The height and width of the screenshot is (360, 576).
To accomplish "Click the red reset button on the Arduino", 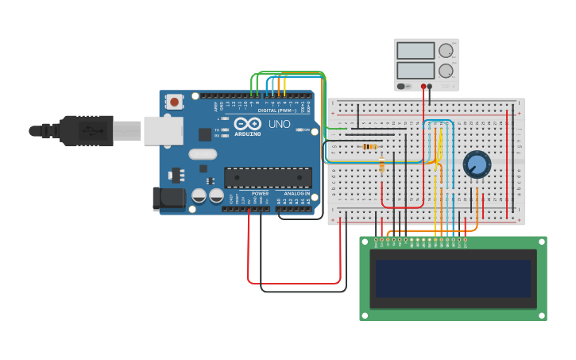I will coord(174,101).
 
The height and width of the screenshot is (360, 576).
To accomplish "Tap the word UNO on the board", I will coord(279,125).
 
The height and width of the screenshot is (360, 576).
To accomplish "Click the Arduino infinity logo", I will coord(248,124).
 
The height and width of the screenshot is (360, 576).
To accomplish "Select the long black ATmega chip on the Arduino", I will coord(268,177).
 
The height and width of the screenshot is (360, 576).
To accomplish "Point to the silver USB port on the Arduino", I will coord(163,130).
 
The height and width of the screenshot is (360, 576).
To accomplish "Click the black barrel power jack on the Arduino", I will coord(168,199).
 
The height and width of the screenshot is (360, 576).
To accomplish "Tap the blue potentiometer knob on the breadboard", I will coord(477,165).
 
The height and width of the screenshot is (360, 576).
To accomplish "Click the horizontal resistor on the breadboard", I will coord(369,146).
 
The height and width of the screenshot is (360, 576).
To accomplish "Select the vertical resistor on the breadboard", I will coord(382,165).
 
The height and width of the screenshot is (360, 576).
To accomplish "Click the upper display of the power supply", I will coord(415,51).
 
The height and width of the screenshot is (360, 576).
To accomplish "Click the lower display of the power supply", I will coord(415,70).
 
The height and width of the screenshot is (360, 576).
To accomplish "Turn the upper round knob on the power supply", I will coord(446,51).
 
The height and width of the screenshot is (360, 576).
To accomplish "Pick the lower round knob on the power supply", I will coord(446,71).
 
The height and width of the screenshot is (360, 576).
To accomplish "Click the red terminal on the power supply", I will coord(423,86).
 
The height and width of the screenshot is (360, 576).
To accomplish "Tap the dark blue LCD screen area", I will coord(453,278).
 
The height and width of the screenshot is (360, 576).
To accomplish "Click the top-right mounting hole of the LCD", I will coord(541,242).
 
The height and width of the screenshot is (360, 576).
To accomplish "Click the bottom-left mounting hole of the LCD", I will coord(365,315).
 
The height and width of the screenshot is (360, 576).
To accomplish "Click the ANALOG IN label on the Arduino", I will coord(295,193).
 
